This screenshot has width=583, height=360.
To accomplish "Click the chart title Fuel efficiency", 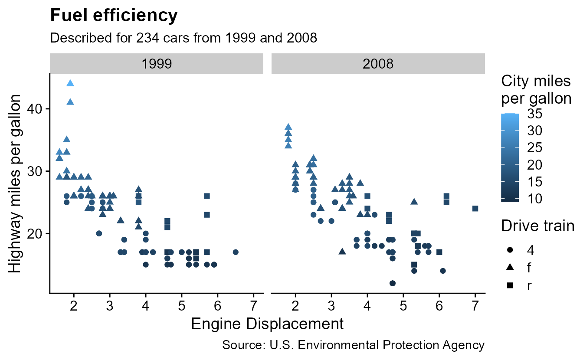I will [114, 16].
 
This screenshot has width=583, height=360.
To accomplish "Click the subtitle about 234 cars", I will [184, 38].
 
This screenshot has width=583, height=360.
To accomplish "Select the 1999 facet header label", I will [157, 64].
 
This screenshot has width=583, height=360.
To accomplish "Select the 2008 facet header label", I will [378, 64].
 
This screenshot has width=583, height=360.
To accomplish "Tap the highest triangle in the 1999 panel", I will [70, 83].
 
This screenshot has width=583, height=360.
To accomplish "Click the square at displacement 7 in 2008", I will [475, 209].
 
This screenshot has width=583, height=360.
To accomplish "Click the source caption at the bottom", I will [353, 345].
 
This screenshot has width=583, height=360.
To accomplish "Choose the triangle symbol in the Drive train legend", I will [510, 268].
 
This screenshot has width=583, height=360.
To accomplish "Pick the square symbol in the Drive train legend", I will [510, 286].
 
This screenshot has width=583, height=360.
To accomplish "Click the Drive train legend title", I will [538, 226].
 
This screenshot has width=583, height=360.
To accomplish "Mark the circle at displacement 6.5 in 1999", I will [236, 252].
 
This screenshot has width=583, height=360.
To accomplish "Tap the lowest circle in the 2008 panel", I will [393, 283].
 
